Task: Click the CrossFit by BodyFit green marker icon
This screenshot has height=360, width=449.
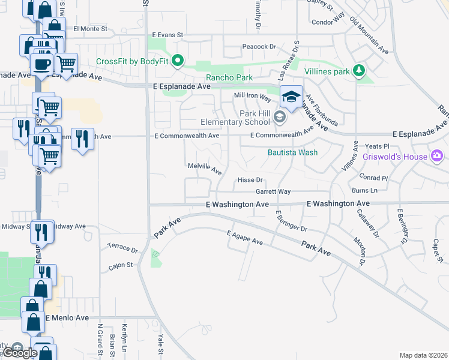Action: (178, 61)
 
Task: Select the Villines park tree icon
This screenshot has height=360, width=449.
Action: (358, 71)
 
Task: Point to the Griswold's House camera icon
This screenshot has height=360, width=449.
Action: (437, 157)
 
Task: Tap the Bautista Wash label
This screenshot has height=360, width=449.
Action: (292, 152)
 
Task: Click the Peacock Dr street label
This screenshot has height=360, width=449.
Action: (259, 46)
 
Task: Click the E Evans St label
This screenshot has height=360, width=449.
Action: (167, 35)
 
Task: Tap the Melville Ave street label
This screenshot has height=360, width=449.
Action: (205, 167)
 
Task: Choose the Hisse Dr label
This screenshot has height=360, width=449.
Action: (250, 180)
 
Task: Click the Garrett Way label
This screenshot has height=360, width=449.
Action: (273, 191)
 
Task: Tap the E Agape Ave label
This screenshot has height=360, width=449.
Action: (245, 237)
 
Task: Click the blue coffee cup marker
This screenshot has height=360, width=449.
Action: (41, 65)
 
